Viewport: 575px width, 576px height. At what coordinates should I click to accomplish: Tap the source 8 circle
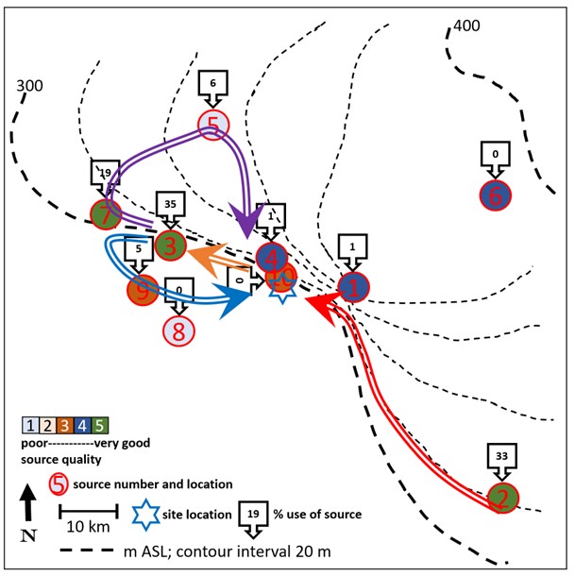pyautogui.click(x=179, y=330)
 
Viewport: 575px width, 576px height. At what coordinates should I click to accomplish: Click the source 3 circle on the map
pyautogui.click(x=170, y=245)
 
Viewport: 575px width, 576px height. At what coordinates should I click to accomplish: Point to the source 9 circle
pyautogui.click(x=143, y=288)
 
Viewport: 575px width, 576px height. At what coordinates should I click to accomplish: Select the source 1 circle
pyautogui.click(x=352, y=287)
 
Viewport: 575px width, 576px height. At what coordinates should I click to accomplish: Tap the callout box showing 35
pyautogui.click(x=171, y=207)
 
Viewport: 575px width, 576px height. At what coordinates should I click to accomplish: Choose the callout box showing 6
pyautogui.click(x=213, y=86)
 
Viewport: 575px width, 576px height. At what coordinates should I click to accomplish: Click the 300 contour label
pyautogui.click(x=30, y=87)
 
